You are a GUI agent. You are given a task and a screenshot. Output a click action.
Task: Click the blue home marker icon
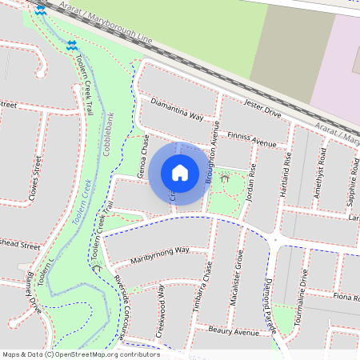click(x=180, y=173)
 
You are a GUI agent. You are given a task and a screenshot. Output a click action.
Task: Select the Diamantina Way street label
click(x=177, y=110)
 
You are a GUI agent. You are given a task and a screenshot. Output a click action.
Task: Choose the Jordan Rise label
click(x=253, y=181)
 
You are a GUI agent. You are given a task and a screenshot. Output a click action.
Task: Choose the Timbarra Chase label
click(x=207, y=287)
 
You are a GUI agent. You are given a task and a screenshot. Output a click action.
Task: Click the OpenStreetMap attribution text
click(x=79, y=354)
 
